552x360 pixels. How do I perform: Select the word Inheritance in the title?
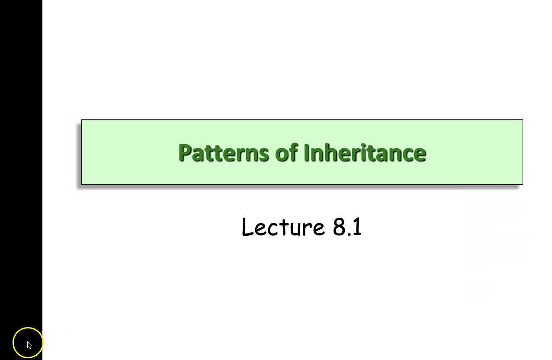pyautogui.click(x=365, y=153)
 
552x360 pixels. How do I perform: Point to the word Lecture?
pyautogui.click(x=283, y=227)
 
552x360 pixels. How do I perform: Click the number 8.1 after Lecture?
pyautogui.click(x=347, y=227)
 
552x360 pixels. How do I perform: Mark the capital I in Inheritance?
pyautogui.click(x=306, y=153)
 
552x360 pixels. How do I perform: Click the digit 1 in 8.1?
pyautogui.click(x=357, y=227)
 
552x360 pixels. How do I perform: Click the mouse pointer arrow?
pyautogui.click(x=29, y=345)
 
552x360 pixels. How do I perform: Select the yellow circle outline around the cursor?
pyautogui.click(x=28, y=328)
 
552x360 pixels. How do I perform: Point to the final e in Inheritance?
pyautogui.click(x=420, y=154)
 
